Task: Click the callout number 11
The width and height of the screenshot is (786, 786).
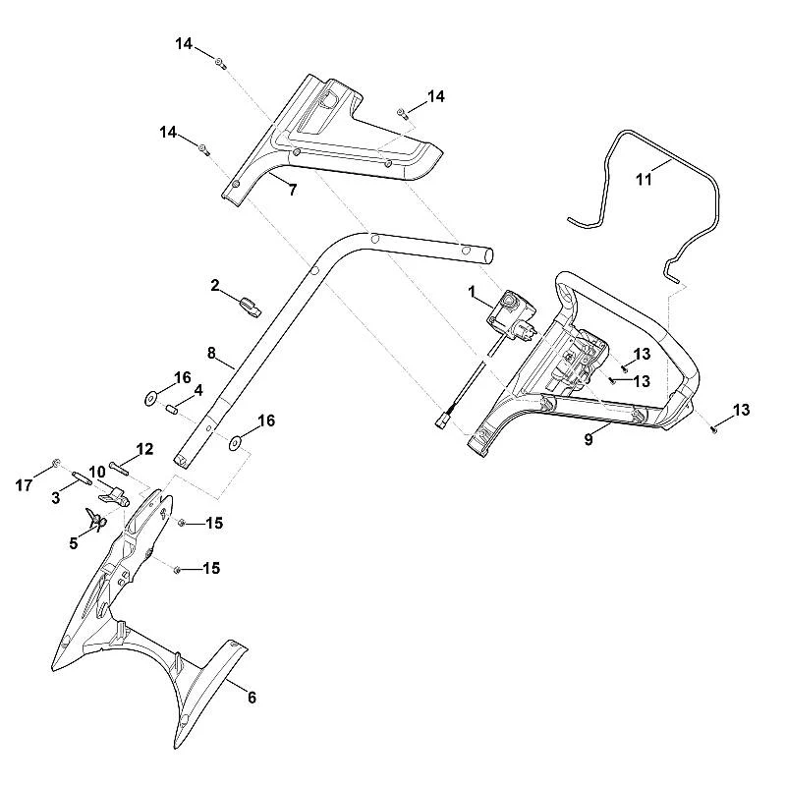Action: [x=645, y=179]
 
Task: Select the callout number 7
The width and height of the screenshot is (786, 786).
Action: [x=293, y=190]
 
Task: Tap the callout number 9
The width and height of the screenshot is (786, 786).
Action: [x=589, y=439]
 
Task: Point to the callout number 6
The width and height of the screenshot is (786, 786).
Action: [x=252, y=698]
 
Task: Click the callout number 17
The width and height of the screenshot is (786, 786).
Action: [x=24, y=485]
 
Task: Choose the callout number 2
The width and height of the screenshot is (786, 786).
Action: [x=215, y=286]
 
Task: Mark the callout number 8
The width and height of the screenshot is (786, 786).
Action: [x=211, y=354]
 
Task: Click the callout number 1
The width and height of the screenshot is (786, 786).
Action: [x=472, y=291]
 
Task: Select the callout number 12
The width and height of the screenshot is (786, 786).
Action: [x=144, y=449]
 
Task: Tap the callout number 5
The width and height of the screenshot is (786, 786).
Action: [x=74, y=543]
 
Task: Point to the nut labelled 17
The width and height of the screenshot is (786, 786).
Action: [x=56, y=462]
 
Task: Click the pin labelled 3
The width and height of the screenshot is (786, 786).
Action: [x=83, y=478]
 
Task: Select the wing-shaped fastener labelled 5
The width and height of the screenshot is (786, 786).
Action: [x=95, y=521]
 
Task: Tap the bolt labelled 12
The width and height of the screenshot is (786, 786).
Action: [x=118, y=468]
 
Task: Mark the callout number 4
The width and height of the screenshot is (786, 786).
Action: [x=198, y=390]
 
